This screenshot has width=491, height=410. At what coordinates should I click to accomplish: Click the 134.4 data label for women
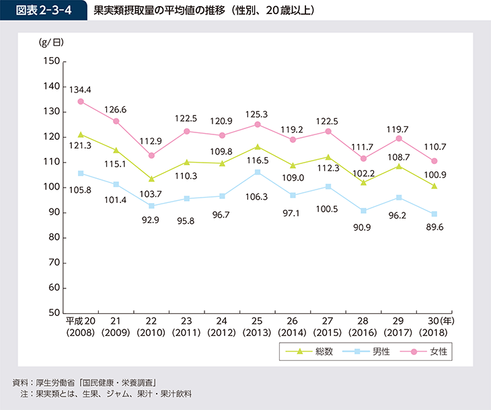coord(80,89)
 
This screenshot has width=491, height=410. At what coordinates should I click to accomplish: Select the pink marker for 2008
coord(81,101)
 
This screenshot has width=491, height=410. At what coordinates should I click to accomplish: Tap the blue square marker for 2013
coord(258,172)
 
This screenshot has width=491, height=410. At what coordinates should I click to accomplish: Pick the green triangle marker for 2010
coord(151,179)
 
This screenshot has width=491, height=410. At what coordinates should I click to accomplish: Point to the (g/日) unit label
coord(52,42)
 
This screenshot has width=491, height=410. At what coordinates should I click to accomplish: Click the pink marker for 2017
coord(400,138)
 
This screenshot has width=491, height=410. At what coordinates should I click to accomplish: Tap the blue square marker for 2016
coord(365,210)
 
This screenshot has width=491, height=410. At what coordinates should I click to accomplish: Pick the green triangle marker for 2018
coord(435,186)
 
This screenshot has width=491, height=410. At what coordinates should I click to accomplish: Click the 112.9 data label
coord(151,142)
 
